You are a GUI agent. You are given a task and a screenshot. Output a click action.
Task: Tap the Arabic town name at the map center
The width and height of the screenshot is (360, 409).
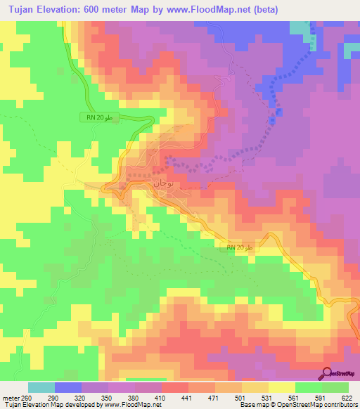(x=161, y=183)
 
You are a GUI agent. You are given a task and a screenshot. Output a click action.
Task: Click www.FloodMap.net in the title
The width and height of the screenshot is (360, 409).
(x=201, y=9)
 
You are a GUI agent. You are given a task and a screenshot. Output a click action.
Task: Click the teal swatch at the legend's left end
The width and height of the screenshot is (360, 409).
(x=41, y=387)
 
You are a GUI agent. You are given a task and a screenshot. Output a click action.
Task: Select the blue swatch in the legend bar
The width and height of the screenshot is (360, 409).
(x=68, y=387)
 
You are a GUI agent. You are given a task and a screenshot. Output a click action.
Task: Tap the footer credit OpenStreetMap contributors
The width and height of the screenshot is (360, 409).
(x=324, y=405)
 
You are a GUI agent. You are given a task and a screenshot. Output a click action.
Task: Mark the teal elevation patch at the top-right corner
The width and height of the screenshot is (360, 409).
(x=300, y=27)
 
